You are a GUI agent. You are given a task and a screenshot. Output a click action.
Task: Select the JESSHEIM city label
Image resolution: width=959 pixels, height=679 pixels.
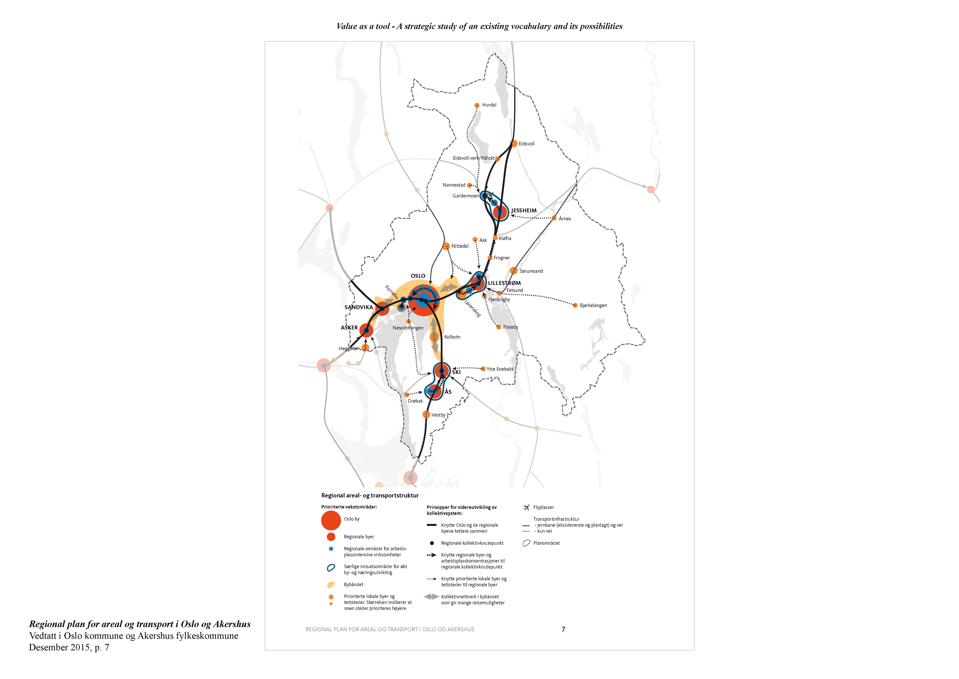click(524, 210)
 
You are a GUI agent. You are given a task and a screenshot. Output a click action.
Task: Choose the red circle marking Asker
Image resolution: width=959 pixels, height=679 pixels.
click(366, 330)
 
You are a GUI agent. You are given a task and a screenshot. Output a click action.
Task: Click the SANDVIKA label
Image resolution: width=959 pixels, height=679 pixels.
click(358, 307)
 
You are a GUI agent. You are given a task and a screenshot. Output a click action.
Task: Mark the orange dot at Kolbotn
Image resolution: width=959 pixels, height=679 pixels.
click(434, 337)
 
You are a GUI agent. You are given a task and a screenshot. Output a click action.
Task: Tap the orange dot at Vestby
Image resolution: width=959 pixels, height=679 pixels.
click(426, 414)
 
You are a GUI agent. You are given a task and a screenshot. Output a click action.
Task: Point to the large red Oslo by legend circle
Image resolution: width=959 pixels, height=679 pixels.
click(331, 520)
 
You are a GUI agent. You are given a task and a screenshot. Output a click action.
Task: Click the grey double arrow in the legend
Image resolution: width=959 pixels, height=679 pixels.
click(431, 597)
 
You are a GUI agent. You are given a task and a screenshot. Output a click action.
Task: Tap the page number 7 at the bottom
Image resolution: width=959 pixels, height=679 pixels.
click(563, 629)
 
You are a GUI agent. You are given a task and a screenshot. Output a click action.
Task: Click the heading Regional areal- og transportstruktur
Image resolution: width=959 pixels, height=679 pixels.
click(370, 496)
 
